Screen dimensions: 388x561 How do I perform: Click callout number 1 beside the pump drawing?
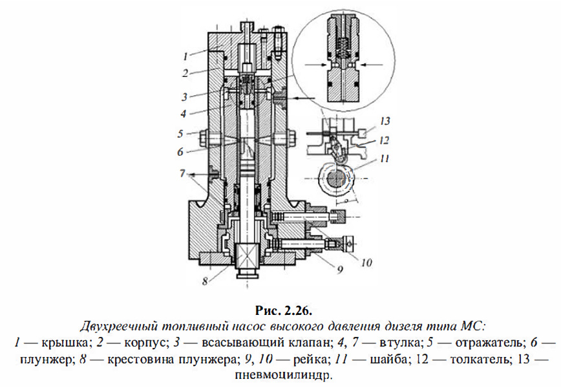pos(185,56)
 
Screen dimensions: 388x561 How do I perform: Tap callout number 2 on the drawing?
pos(185,72)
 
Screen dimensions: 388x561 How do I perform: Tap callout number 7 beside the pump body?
pos(183,173)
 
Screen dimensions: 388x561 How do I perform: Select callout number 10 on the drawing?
pos(366,262)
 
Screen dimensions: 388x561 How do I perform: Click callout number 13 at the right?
pos(385,121)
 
